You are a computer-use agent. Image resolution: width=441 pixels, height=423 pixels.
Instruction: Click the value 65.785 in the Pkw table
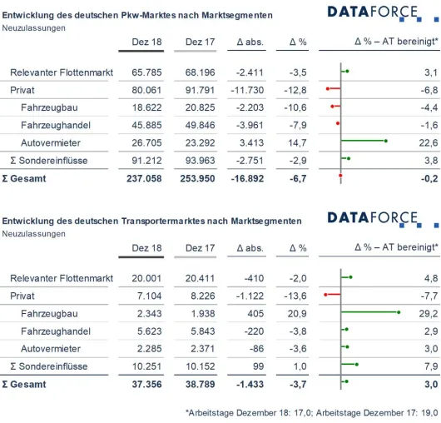146,72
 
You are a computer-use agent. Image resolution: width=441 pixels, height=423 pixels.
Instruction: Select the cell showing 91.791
200,90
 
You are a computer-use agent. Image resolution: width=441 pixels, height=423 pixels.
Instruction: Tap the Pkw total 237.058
144,178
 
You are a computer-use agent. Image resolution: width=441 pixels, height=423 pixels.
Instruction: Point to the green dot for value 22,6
386,141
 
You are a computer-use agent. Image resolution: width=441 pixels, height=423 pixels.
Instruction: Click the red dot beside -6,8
328,88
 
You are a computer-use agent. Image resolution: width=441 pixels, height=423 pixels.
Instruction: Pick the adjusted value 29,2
429,313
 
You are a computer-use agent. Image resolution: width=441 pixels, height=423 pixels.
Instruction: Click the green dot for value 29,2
399,312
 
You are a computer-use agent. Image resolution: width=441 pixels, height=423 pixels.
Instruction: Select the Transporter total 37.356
146,384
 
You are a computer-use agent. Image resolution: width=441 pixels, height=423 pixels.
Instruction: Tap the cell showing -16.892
247,178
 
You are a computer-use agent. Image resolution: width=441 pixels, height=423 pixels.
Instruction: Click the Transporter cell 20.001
146,278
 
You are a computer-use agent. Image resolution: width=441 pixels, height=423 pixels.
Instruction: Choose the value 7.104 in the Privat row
149,296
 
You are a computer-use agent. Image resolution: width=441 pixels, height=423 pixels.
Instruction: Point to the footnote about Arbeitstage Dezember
312,413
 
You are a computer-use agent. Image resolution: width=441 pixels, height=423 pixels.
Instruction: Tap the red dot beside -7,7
325,295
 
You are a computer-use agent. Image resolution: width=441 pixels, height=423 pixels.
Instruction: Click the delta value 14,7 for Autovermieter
297,142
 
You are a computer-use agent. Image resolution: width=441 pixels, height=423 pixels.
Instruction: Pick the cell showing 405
255,313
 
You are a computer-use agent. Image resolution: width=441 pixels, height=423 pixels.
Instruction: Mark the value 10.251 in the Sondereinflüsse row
146,366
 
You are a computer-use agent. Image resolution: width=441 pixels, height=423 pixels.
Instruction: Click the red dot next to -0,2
340,176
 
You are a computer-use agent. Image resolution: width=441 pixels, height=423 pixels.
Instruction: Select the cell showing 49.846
200,125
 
